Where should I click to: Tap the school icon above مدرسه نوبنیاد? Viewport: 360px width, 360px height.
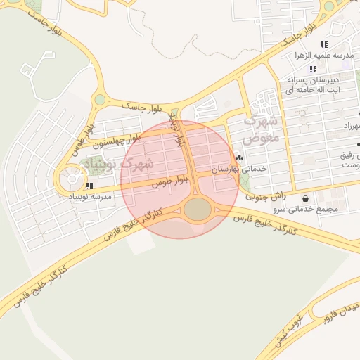89,186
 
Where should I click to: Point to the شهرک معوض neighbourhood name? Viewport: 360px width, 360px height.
261,129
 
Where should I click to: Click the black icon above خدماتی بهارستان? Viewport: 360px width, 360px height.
240,157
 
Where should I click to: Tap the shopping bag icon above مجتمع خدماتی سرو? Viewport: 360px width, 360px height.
304,198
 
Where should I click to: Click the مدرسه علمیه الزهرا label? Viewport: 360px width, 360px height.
327,55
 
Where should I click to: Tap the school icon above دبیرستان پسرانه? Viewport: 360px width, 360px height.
313,69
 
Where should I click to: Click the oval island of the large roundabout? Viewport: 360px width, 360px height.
198,209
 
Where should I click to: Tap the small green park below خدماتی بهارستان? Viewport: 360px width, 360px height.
244,182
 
